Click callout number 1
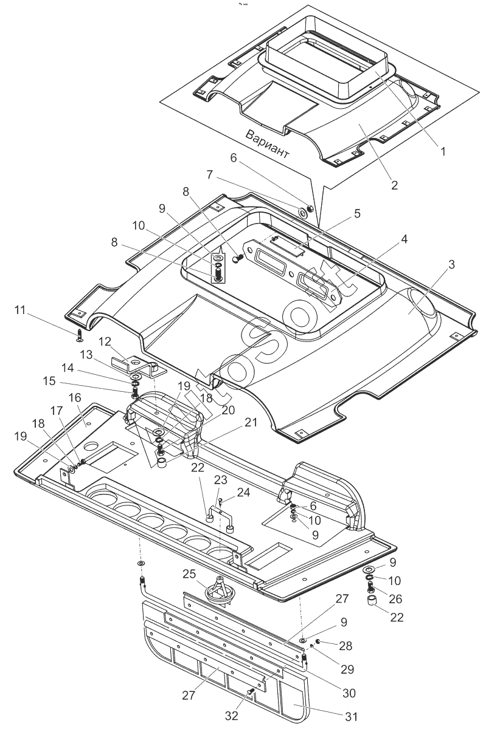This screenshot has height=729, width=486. tap(443, 152)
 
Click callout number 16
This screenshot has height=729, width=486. tap(74, 397)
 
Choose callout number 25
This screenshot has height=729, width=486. tap(189, 573)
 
